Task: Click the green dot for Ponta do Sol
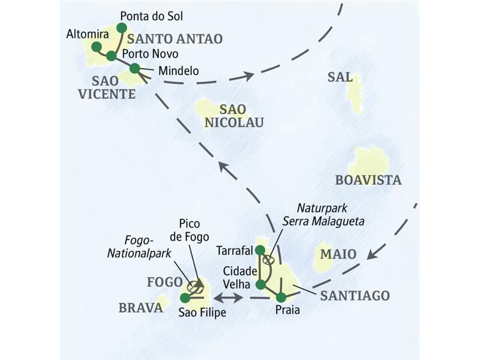point(121,28)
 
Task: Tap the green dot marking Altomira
point(96,47)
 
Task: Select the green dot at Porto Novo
point(111,56)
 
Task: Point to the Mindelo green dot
point(134,68)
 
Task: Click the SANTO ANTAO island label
point(175,39)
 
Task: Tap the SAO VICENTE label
point(113,87)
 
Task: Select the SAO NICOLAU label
point(234,116)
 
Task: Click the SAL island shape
point(355,93)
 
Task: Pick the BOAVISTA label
point(368,180)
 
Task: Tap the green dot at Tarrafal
point(260,250)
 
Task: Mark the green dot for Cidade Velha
point(260,285)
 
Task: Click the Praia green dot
point(281,297)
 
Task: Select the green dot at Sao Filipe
point(185,298)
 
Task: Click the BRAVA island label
point(140,308)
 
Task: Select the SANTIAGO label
point(355,295)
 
